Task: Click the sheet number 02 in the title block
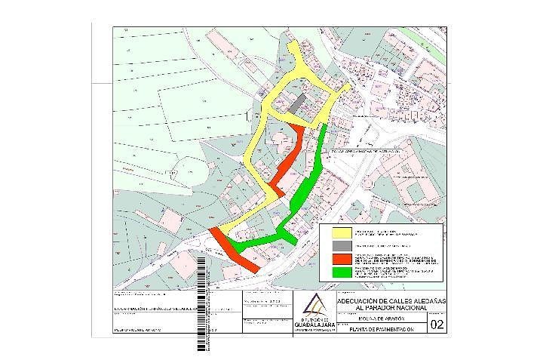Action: (437, 326)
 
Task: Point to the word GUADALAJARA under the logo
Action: (314, 325)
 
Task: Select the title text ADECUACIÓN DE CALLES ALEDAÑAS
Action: (383, 300)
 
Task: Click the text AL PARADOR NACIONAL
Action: (383, 308)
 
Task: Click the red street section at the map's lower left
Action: (235, 250)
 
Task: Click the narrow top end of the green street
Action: (325, 130)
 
